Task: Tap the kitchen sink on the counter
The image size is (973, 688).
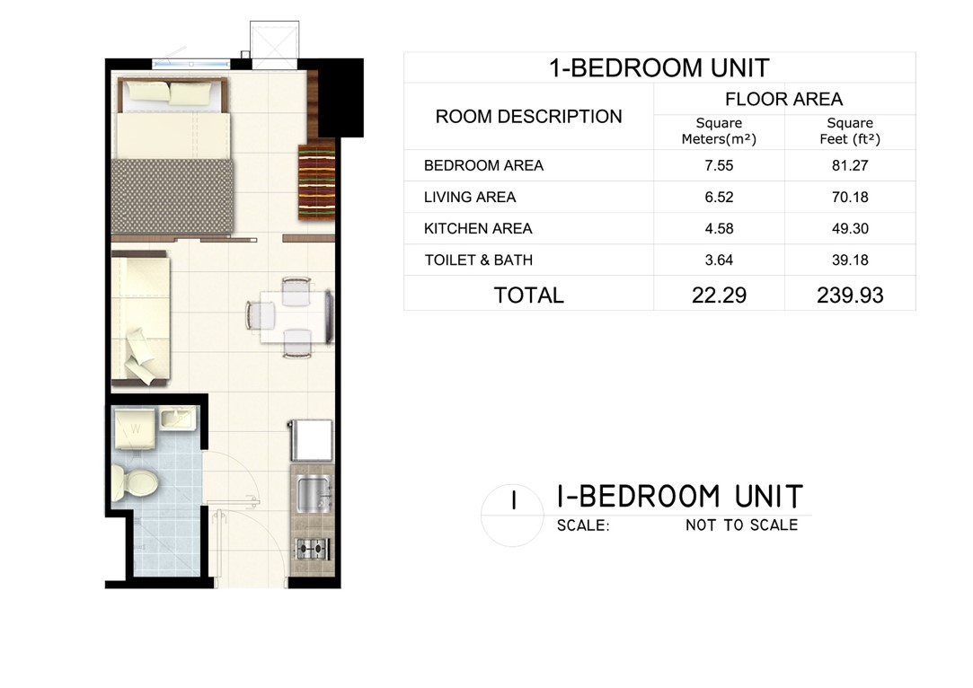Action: (313, 494)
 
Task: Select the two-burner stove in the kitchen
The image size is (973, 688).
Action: (313, 549)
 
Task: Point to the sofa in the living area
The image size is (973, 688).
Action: (141, 320)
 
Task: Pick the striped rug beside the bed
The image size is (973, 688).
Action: (316, 181)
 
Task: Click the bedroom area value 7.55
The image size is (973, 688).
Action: (719, 165)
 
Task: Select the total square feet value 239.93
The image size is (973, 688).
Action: (850, 295)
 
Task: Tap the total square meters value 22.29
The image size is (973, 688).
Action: (719, 295)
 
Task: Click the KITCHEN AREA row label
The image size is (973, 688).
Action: (478, 229)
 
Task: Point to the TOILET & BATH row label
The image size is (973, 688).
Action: (479, 260)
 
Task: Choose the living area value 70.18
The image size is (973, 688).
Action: (850, 198)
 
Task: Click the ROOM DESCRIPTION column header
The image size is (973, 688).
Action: (528, 117)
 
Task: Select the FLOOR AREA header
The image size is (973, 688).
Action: (783, 100)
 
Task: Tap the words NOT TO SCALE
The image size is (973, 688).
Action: (741, 525)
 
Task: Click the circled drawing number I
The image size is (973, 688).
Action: (513, 500)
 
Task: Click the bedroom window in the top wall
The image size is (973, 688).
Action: (191, 63)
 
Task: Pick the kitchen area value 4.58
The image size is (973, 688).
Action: (719, 229)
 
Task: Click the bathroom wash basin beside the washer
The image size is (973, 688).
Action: (178, 417)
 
